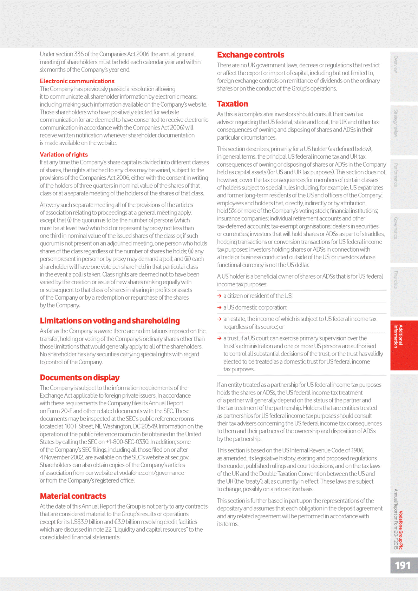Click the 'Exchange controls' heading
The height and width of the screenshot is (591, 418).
[x=250, y=55]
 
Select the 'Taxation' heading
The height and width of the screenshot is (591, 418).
[x=233, y=104]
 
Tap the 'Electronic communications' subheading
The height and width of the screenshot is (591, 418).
[x=77, y=81]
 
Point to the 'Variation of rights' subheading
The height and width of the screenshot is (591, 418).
[x=64, y=154]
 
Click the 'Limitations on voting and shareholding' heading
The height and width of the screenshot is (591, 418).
[x=110, y=321]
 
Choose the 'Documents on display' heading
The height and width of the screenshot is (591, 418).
[x=80, y=378]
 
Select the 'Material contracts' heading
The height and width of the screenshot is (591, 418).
[x=73, y=496]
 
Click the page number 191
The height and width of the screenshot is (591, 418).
[x=403, y=565]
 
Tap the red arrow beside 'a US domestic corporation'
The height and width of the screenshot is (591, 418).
[x=220, y=308]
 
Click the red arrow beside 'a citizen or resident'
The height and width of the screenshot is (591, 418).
[x=220, y=296]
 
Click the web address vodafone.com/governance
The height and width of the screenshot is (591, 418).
[x=151, y=473]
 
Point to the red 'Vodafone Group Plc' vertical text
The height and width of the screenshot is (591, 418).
[x=401, y=530]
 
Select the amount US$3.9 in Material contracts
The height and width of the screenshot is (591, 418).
[x=81, y=522]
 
